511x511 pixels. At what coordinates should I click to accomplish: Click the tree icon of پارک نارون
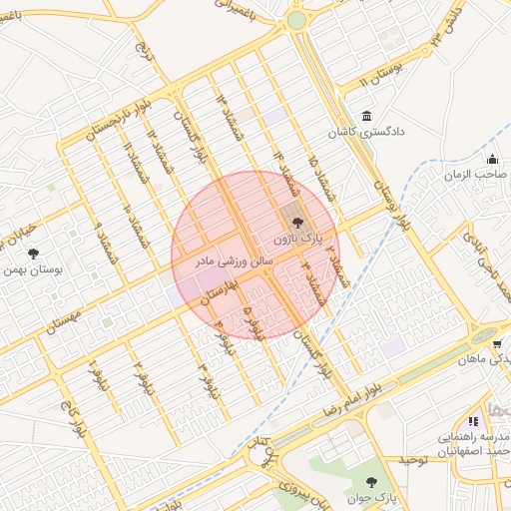(294, 223)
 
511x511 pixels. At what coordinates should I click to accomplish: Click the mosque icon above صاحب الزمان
(492, 159)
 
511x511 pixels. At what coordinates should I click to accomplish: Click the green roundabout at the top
(296, 20)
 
